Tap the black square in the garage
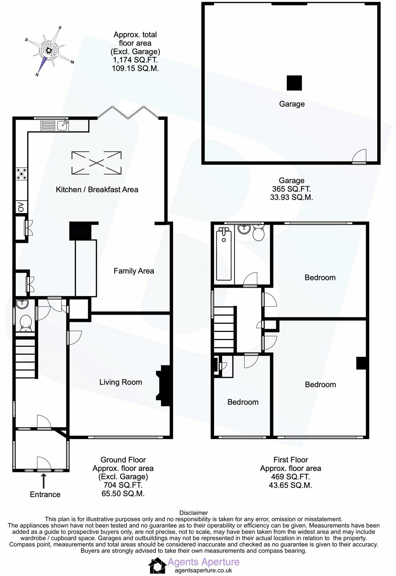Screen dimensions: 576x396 (294, 83)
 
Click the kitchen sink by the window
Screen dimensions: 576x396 (63, 125)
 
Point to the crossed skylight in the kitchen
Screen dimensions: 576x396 (96, 163)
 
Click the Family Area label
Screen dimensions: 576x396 (134, 271)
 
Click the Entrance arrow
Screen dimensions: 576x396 (44, 481)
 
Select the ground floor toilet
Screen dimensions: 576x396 (25, 323)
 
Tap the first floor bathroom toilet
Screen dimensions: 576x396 (258, 233)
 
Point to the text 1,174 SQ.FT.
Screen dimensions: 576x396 (135, 60)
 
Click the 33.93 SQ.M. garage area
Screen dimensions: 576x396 (292, 197)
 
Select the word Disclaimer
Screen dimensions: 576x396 (194, 513)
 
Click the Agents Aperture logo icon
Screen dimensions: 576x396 (157, 566)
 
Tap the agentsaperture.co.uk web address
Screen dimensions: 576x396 (203, 571)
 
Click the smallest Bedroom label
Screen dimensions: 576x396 (243, 402)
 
